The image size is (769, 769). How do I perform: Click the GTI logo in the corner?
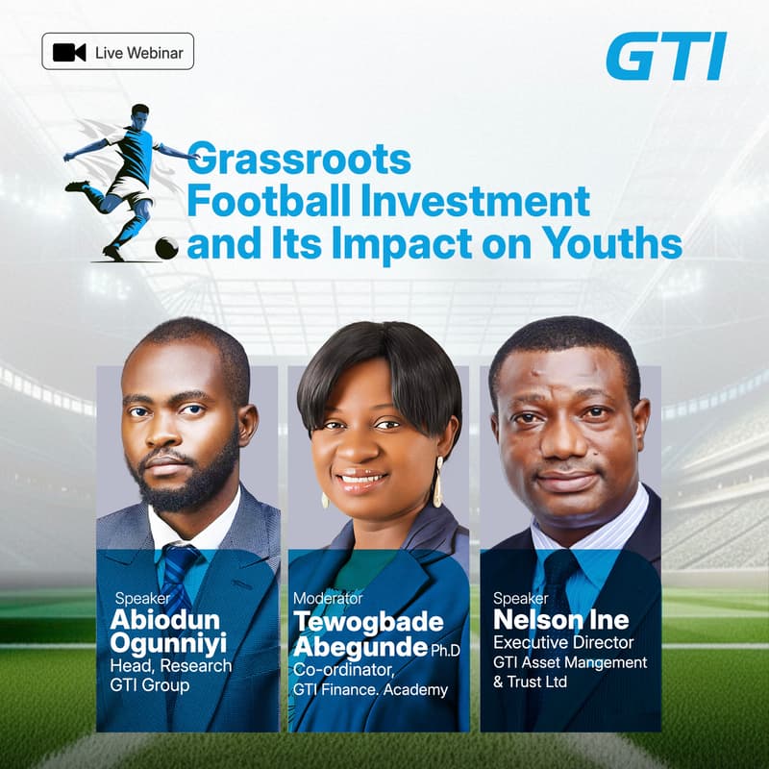point(665,57)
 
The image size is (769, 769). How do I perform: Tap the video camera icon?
point(69,52)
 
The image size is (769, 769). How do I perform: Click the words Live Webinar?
point(139,52)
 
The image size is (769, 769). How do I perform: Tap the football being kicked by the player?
point(166,247)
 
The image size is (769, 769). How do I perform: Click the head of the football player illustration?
point(140,114)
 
